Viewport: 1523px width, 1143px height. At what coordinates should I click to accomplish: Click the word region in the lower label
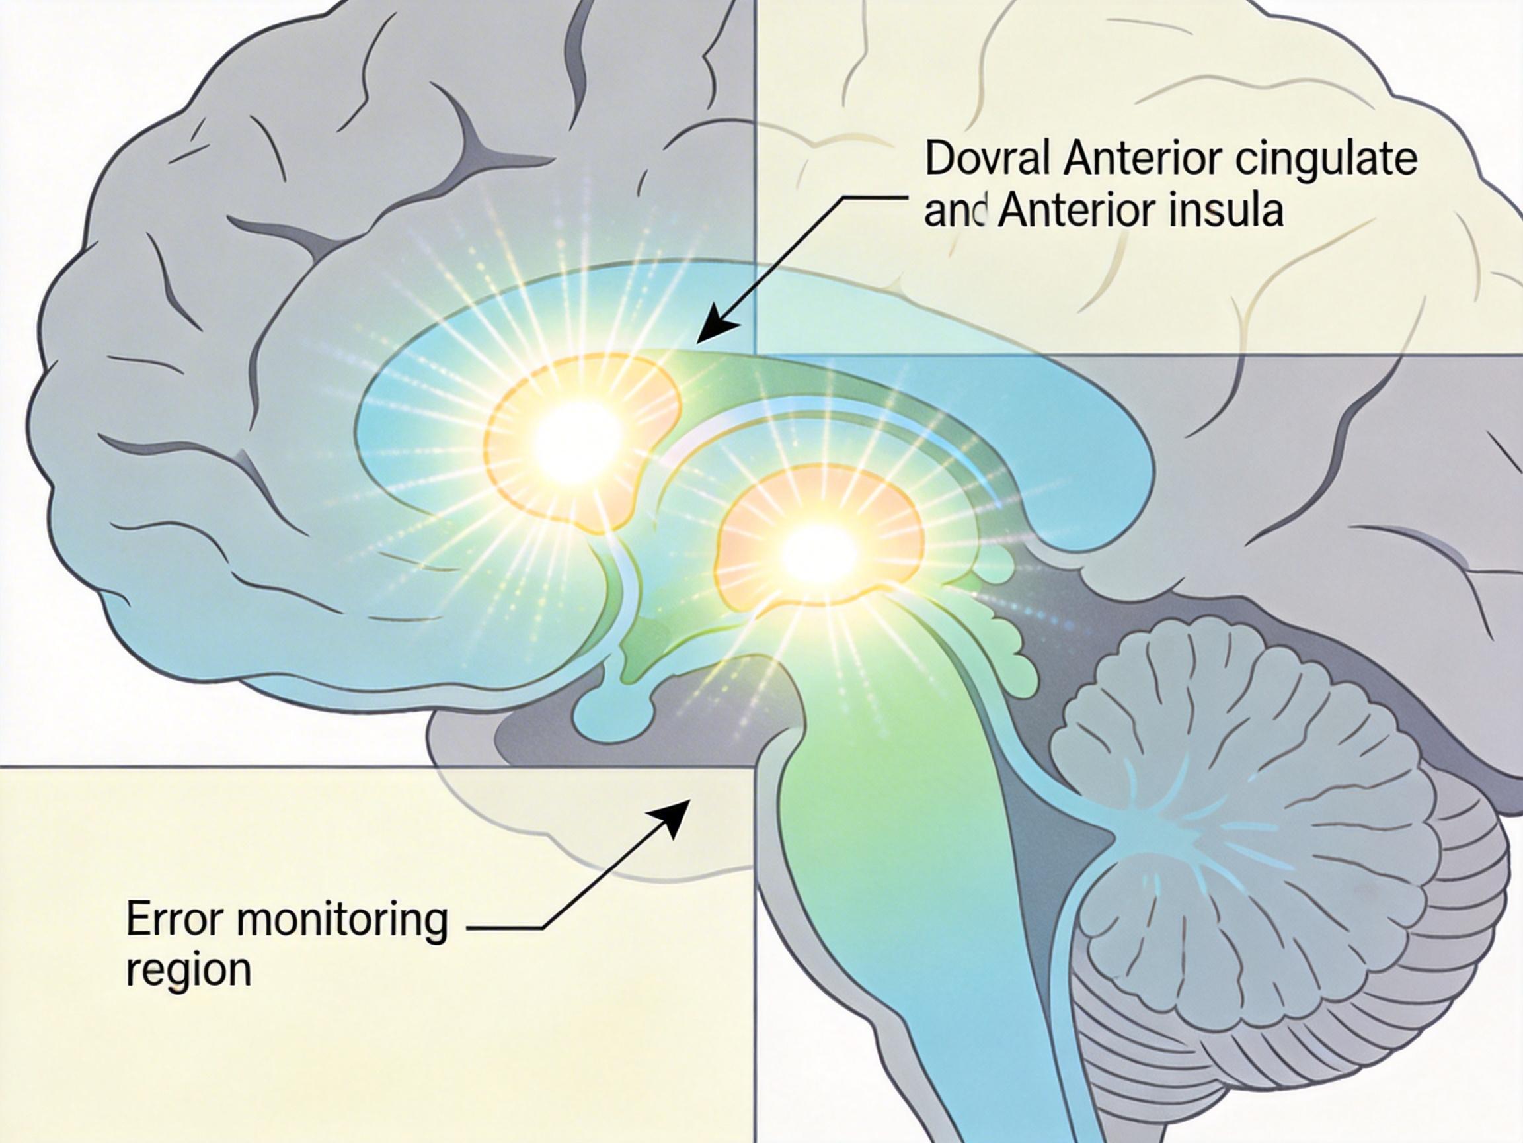188,972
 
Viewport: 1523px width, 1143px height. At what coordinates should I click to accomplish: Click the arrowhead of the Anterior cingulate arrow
709,331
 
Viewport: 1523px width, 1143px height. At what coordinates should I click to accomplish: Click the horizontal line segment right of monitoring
506,928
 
